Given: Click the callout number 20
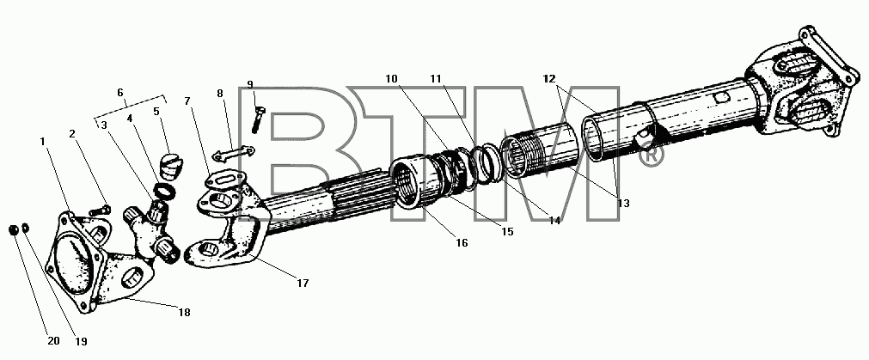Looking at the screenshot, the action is (x=53, y=341).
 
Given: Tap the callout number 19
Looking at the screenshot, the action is (x=81, y=342).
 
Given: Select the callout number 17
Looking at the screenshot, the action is (x=302, y=284).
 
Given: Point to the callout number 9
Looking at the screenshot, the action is (x=250, y=84).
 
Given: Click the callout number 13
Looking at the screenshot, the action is (x=623, y=204).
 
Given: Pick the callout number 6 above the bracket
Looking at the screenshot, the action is (x=120, y=93).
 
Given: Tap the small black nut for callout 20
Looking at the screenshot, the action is (x=13, y=229).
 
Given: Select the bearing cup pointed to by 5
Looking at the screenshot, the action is (x=171, y=166).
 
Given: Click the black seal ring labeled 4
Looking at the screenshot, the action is (x=164, y=192).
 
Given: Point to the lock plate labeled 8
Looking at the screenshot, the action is (x=233, y=154).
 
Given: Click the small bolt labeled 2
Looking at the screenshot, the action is (x=99, y=210).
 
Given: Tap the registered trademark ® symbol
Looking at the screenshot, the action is (x=652, y=156).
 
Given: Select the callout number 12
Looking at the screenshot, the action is (x=549, y=79).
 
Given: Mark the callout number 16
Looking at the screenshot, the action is (x=462, y=242).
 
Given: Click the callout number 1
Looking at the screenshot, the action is (x=43, y=142).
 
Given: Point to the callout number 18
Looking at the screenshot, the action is (x=184, y=313).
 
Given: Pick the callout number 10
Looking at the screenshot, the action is (x=392, y=79).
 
